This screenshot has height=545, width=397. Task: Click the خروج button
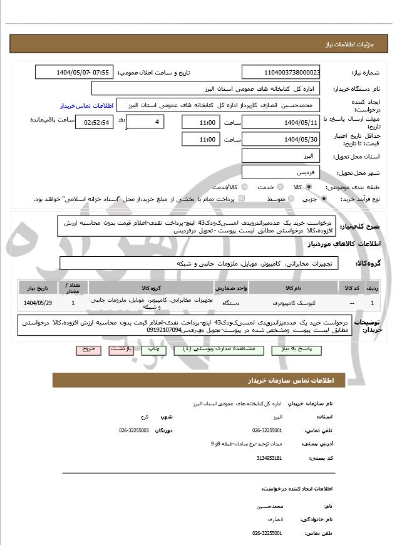[88, 349]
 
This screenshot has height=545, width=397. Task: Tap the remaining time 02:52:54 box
[94, 122]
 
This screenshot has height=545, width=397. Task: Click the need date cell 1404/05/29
[38, 303]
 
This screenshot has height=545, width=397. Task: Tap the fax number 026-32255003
[134, 430]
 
